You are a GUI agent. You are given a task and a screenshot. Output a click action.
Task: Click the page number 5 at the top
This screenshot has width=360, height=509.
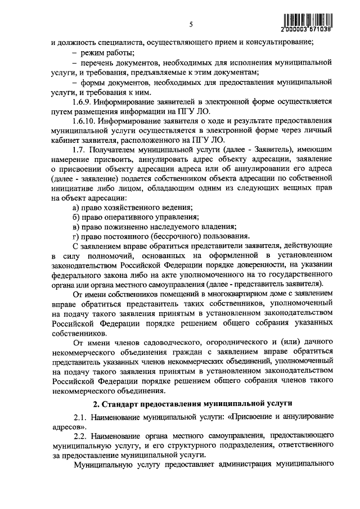pyautogui.click(x=191, y=24)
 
